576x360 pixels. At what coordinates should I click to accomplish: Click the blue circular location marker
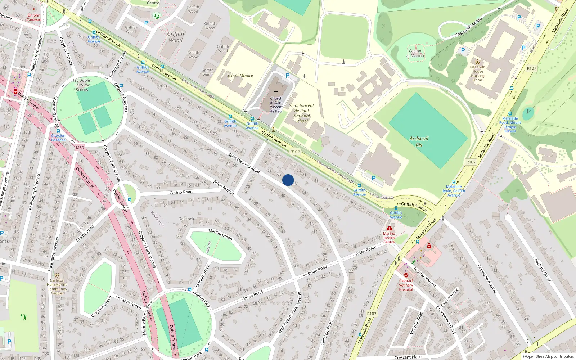point(288,180)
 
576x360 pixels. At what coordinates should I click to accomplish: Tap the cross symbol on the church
point(276,93)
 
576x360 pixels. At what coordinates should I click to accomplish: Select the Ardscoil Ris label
point(419,141)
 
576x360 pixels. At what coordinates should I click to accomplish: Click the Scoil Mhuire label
point(240,76)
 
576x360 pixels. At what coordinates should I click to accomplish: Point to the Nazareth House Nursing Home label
point(478,73)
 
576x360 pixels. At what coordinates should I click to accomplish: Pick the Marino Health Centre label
point(389,238)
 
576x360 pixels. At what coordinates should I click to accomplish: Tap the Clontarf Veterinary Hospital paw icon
point(406,275)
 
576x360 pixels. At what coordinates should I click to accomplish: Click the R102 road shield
point(295,152)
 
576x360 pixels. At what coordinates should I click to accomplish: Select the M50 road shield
point(80,148)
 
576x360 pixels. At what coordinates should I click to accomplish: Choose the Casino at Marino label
point(415,53)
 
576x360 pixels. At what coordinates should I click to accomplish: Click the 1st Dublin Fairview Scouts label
point(82,85)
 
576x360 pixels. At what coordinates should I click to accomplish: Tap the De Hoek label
point(186,219)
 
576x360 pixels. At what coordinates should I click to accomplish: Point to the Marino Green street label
point(220,234)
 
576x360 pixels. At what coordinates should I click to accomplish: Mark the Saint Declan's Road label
point(244,163)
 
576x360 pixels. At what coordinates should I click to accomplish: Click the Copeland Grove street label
point(542,269)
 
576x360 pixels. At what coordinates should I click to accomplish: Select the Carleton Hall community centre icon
point(57,275)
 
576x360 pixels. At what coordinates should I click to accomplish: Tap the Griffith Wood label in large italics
point(176,37)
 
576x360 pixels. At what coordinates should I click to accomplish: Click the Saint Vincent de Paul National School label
point(301,113)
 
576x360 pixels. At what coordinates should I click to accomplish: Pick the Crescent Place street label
point(408,357)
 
